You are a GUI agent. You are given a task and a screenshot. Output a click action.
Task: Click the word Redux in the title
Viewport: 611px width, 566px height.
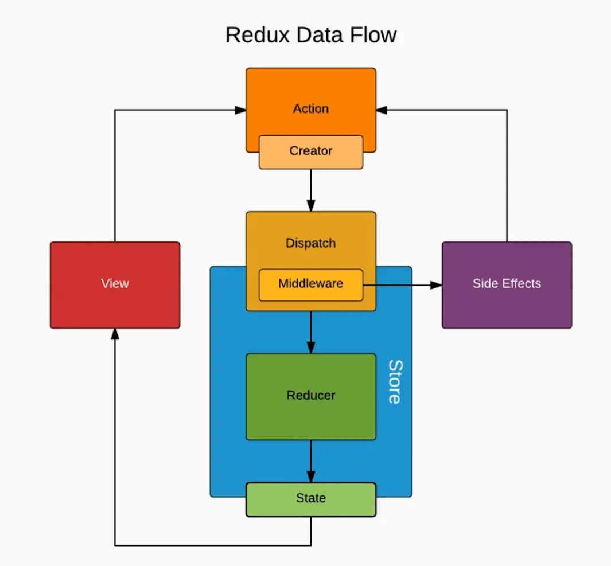(258, 34)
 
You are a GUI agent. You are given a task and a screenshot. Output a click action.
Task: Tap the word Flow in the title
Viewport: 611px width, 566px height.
(373, 34)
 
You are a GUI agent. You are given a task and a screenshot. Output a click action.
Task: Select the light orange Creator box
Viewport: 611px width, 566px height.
(311, 153)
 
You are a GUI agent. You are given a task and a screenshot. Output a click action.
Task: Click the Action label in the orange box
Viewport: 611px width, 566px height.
(311, 109)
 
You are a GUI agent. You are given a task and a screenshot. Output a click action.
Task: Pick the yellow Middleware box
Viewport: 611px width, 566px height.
(311, 285)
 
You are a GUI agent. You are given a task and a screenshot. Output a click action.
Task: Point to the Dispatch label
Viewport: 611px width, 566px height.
(310, 244)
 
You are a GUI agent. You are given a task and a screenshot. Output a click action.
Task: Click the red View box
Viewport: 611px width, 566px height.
(115, 285)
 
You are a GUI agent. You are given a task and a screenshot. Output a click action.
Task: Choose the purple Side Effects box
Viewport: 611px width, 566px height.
(507, 285)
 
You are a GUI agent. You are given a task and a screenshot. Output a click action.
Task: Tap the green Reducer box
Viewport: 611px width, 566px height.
(311, 397)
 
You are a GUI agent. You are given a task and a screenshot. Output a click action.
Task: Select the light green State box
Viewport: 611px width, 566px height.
(311, 500)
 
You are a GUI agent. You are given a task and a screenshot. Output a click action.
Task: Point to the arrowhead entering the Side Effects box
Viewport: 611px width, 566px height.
(436, 285)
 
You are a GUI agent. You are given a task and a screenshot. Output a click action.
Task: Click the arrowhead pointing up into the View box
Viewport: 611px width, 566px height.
(115, 334)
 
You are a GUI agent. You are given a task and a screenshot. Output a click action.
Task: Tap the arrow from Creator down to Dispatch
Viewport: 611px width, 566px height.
(311, 190)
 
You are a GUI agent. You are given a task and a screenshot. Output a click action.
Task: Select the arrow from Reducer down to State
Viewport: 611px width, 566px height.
(311, 462)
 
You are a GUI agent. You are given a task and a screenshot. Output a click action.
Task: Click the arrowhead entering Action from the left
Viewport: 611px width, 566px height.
(240, 110)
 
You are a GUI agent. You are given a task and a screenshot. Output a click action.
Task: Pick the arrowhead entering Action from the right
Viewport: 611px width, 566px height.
(382, 110)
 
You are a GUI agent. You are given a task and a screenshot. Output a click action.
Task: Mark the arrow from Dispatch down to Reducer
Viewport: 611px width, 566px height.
(311, 332)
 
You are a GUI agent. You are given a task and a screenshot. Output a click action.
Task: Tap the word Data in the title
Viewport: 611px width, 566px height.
(320, 34)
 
